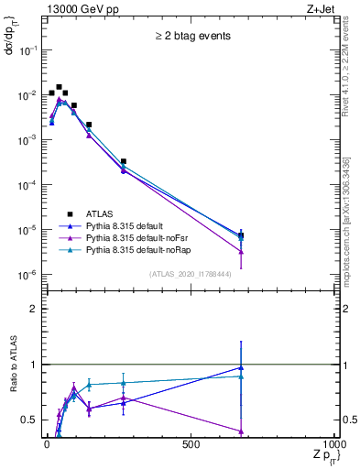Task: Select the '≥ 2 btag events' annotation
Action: tap(191, 37)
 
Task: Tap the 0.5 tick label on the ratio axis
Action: tap(29, 420)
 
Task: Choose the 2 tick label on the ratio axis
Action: tap(33, 309)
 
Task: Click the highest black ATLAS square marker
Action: tap(59, 87)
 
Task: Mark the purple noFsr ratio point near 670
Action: tap(241, 431)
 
